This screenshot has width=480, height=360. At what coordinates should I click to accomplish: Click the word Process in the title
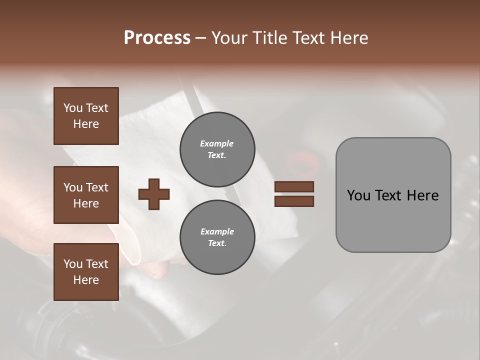[157, 38]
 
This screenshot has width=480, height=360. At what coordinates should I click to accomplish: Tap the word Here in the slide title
[348, 38]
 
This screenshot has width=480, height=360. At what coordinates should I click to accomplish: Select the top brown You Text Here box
[86, 116]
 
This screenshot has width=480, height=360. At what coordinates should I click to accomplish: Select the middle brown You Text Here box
[86, 195]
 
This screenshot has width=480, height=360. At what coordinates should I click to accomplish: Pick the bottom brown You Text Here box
[86, 272]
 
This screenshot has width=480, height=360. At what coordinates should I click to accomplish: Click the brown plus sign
[154, 194]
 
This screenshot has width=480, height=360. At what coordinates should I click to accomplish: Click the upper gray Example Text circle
[217, 149]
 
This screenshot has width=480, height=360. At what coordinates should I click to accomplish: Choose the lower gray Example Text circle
[217, 237]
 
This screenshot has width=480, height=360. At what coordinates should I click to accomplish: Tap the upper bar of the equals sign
[294, 186]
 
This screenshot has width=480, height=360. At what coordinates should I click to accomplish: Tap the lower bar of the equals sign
[294, 201]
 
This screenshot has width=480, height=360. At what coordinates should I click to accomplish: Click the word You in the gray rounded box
[358, 195]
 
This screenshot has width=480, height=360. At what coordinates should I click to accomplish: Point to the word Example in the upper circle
[216, 143]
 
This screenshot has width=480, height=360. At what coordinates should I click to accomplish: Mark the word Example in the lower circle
[217, 231]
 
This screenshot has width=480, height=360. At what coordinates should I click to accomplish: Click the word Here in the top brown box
[86, 124]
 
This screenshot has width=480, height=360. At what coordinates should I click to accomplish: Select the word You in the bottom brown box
[73, 264]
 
